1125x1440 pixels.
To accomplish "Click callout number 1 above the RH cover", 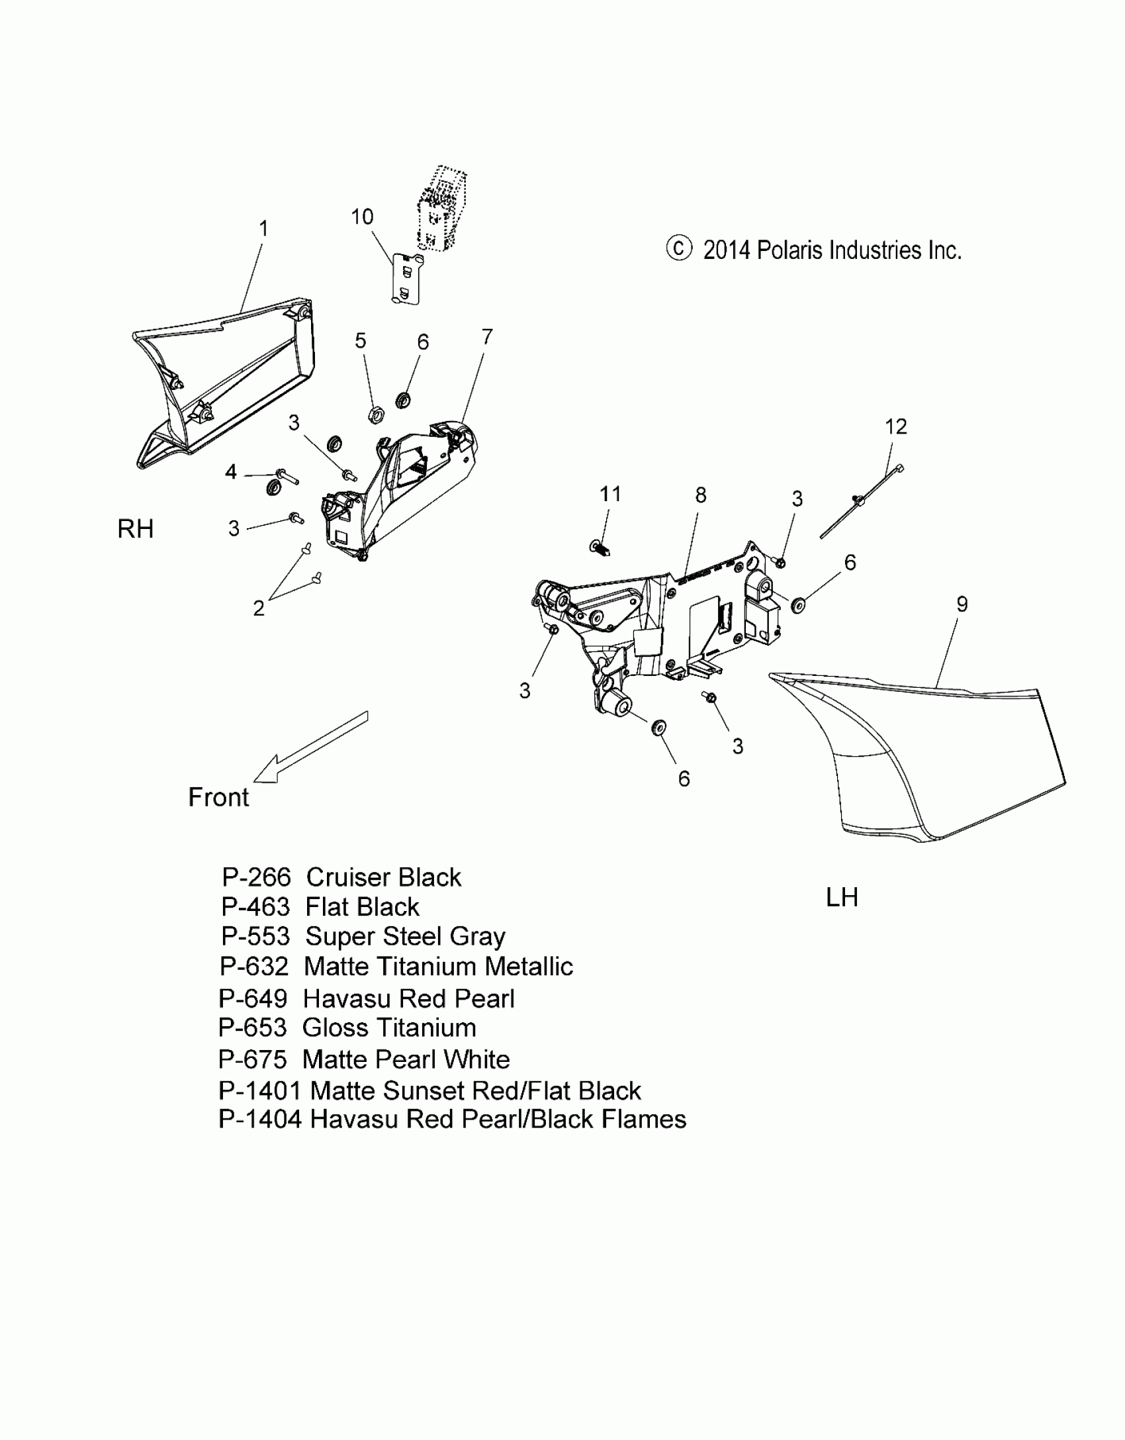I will tap(263, 229).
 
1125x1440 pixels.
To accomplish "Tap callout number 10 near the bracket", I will tap(362, 217).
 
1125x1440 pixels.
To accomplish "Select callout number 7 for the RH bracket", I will tap(487, 337).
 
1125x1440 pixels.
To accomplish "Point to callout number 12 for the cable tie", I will tap(896, 427).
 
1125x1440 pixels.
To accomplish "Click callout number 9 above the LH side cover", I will tap(962, 604).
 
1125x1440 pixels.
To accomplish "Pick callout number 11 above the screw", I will tap(610, 494).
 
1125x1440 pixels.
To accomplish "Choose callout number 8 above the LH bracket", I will tap(701, 495).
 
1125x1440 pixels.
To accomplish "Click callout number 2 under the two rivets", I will tap(259, 608).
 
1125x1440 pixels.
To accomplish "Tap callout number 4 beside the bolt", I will tap(231, 472).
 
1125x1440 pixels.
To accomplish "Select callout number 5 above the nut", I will tap(360, 341).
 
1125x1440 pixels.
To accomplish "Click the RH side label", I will tap(136, 529).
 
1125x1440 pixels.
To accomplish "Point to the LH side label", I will tap(842, 898).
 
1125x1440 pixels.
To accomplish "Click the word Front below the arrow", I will tap(218, 797).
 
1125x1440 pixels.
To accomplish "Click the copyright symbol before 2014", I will tap(679, 248).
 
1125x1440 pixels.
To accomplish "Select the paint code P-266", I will tap(256, 878).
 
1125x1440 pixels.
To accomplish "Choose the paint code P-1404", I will tap(260, 1119).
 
